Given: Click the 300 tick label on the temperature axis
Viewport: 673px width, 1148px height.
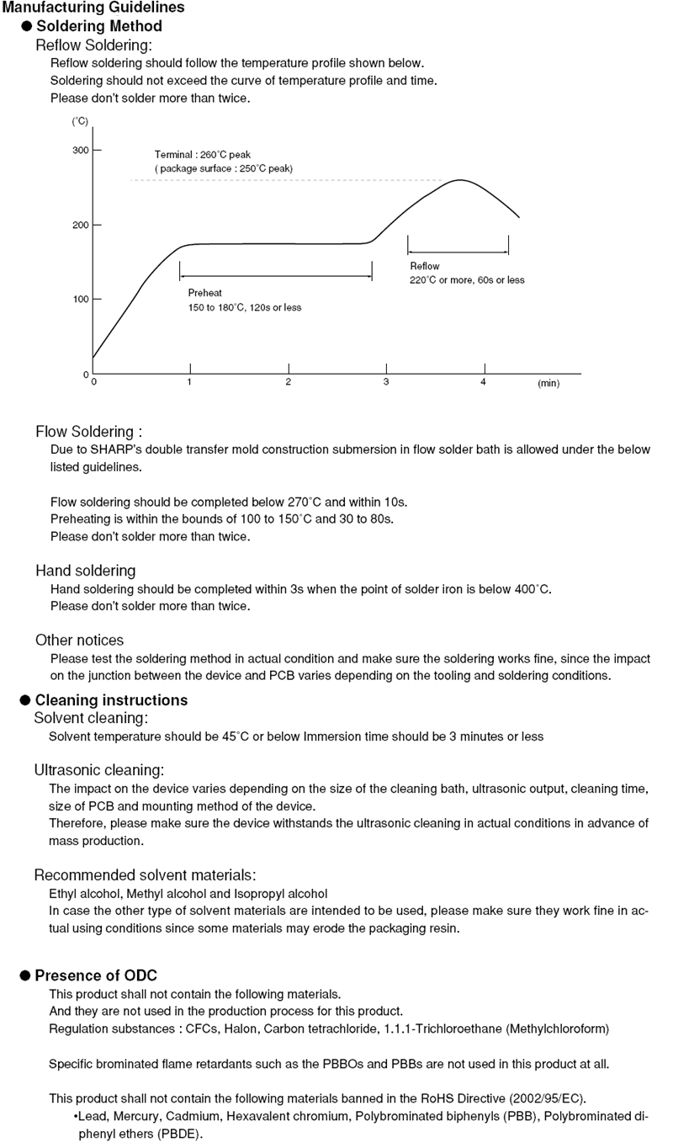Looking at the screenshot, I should tap(80, 151).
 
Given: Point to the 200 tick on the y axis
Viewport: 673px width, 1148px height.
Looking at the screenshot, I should tap(80, 225).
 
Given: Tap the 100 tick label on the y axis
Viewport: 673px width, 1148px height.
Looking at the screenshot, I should tap(80, 300).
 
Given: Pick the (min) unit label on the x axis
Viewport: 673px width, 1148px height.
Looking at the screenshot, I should tap(548, 383).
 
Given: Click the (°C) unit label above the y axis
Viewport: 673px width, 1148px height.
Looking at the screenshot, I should tap(80, 121).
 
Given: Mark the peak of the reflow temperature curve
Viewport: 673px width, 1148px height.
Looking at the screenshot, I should tap(460, 180).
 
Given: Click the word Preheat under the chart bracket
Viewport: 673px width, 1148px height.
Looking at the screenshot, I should tap(204, 293).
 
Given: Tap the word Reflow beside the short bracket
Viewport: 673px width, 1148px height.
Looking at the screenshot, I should tap(424, 266).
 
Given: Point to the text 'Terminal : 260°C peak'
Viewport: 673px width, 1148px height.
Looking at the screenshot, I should tap(203, 155).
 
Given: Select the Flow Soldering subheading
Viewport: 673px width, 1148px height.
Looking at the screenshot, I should tap(88, 432).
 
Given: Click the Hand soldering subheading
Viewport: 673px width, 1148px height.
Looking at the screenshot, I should tap(85, 571).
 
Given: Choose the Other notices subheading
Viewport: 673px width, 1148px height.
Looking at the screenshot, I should tap(79, 640).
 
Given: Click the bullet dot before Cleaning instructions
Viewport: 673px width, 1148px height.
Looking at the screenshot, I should tap(25, 700).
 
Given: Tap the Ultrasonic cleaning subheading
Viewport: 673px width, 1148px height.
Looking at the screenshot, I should tap(98, 769).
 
